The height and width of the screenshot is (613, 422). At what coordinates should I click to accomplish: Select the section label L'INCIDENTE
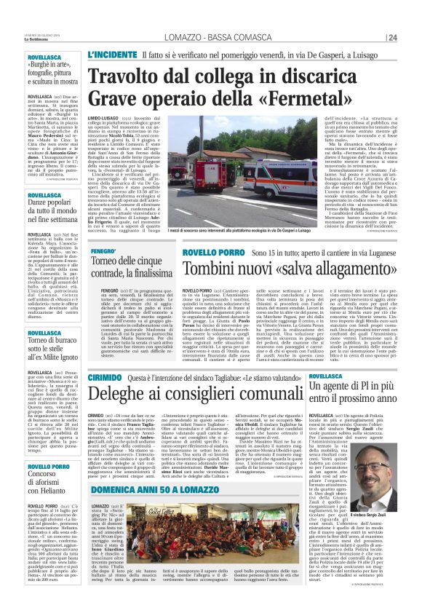point(111,55)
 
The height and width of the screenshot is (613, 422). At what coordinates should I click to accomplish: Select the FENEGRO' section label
point(105,251)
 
